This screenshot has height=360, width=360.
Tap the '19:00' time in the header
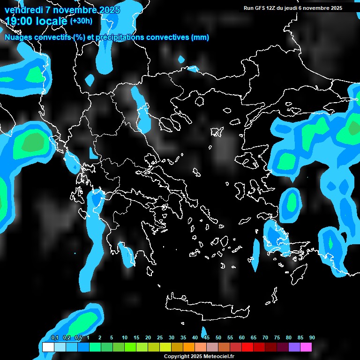pos(21,21)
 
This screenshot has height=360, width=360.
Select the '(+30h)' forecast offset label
pos(81,21)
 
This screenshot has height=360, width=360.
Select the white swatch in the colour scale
pos(48,347)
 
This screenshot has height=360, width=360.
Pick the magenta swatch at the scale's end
pos(306,347)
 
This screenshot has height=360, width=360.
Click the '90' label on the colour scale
pos(312,338)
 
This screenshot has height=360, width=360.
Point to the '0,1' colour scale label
pos(54,338)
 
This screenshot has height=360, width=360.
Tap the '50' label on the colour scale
pos(218,338)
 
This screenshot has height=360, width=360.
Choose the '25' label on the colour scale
pos(160,338)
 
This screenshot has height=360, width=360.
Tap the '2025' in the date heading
pos(109,10)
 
